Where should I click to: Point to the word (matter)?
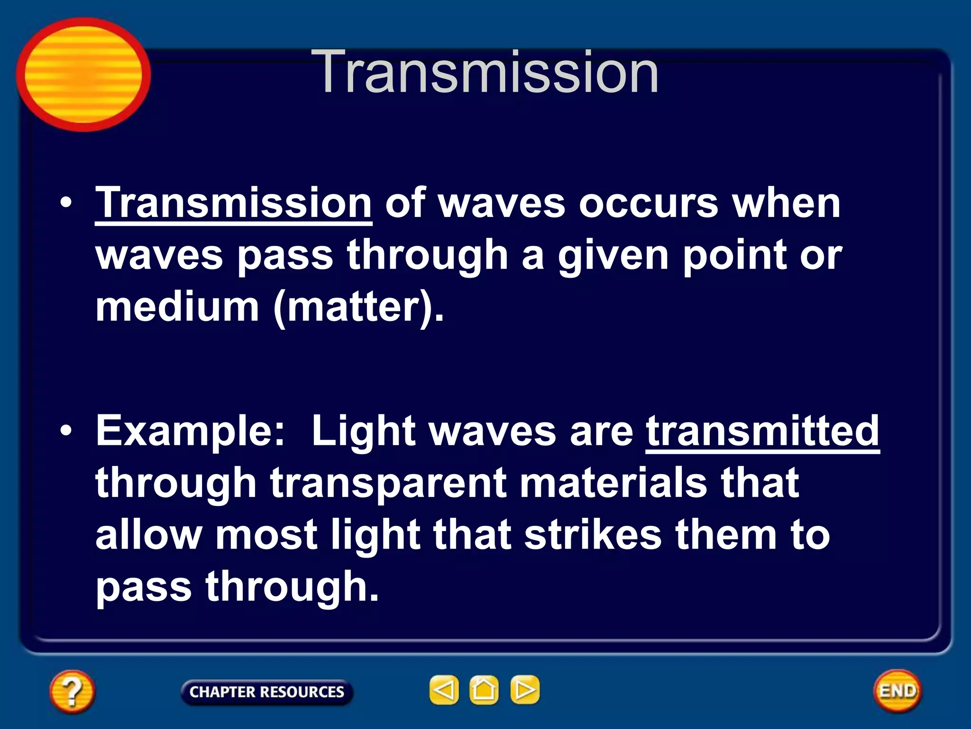[358, 308]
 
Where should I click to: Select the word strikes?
[593, 535]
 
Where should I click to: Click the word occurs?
[648, 204]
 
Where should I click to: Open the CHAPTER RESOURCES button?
[266, 692]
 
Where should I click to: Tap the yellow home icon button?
[484, 690]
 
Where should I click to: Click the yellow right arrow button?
[524, 690]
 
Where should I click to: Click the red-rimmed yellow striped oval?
[83, 75]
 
